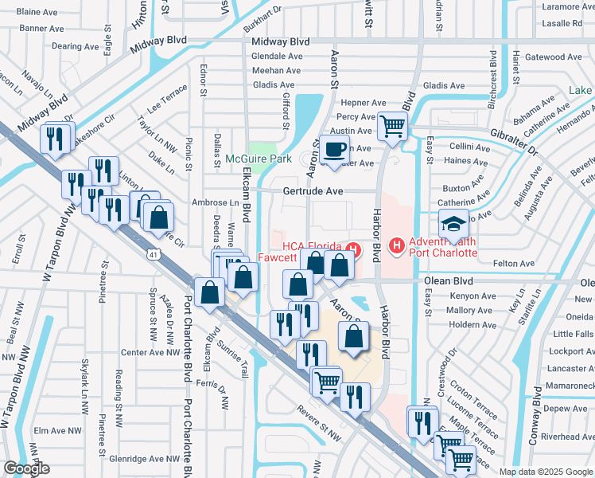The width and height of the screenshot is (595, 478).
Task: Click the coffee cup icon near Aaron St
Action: [336, 149]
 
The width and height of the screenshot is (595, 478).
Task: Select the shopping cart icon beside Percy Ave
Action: [392, 125]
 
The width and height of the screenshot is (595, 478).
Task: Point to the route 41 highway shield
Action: [151, 253]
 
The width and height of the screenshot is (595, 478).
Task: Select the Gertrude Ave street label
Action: [313, 191]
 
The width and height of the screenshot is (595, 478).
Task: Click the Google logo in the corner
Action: [27, 468]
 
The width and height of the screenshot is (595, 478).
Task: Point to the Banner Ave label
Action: [42, 28]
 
